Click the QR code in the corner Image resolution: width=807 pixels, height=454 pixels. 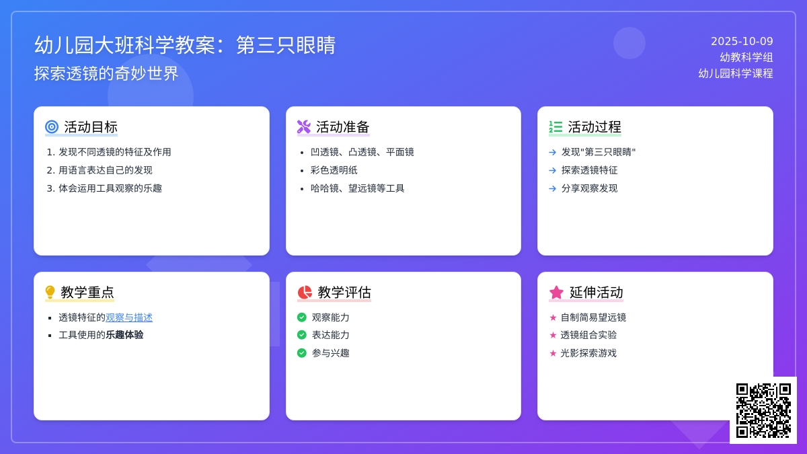coord(763,410)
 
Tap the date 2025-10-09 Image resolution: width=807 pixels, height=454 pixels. coord(742,42)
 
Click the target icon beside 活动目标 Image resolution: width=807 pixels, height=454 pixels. coord(52,126)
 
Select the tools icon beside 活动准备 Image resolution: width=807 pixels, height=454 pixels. coord(304,126)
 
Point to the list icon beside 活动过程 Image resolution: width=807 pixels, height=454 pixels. coord(555,126)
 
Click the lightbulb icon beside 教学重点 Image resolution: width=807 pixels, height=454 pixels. coord(50,292)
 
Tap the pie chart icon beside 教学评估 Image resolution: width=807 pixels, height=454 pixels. coord(305,292)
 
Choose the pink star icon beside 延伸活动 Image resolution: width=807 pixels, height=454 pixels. coord(556,292)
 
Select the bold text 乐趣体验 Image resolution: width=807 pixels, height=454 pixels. coord(124,335)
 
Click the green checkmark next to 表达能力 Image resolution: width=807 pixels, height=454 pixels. coord(302,335)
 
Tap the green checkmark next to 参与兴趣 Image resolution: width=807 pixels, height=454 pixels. coord(302,353)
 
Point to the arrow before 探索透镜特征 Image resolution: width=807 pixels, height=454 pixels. coord(553,170)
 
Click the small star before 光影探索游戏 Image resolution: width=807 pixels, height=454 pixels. coord(553,353)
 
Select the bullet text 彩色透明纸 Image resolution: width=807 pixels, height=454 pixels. coord(334,170)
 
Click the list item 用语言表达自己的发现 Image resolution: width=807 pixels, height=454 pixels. coord(106,170)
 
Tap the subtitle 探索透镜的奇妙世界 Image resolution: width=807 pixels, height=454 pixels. coord(106,73)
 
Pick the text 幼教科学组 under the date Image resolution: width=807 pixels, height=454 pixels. coord(746,58)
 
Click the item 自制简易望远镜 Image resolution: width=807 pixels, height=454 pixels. coord(593,317)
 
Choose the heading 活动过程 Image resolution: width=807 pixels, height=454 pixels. coord(594,126)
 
